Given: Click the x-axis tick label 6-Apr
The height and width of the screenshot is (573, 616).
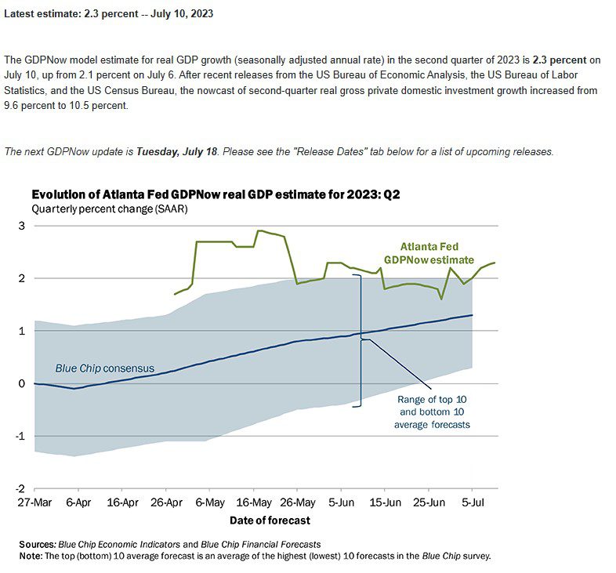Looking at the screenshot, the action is (78, 502).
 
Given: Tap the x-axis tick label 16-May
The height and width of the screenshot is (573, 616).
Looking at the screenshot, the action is (254, 502).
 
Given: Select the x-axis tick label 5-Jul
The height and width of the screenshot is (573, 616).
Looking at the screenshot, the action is (473, 502).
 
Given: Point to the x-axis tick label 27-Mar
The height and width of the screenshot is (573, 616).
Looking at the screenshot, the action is (34, 502).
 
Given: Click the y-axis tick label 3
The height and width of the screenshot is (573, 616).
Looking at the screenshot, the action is (22, 226).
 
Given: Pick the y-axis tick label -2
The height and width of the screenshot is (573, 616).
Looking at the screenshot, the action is (20, 488).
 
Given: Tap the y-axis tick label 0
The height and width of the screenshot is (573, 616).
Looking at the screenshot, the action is (22, 383).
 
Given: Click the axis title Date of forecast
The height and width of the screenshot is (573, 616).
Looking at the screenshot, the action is (270, 520).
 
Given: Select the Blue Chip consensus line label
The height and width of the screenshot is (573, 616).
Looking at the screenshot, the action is (105, 368).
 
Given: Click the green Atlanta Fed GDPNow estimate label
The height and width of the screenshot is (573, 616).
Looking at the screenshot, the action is (429, 253).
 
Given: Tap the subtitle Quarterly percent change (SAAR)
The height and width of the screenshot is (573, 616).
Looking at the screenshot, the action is (110, 209).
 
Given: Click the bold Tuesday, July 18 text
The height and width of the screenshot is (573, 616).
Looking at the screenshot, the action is (177, 152).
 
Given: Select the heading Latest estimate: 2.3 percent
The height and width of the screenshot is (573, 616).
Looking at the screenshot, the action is (109, 14).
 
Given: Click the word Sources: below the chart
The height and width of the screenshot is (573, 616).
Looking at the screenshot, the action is (38, 544).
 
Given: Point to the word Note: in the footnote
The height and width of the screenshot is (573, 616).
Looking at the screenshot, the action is (31, 556).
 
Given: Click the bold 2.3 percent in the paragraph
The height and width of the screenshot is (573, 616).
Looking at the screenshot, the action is (560, 60).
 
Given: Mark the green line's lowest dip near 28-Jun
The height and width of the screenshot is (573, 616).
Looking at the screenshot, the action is (441, 299).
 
